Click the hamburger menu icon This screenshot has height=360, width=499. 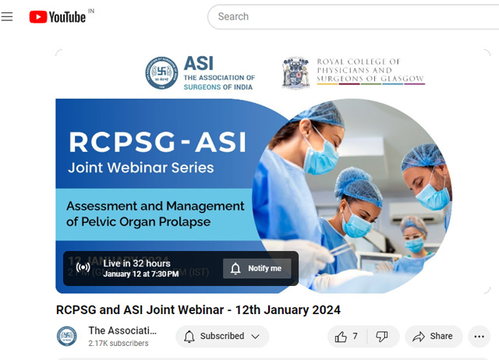tap(8, 16)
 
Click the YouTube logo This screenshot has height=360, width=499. tap(58, 16)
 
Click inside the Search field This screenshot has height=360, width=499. tap(351, 16)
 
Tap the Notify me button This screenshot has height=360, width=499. tap(257, 268)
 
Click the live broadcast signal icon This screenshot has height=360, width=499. tap(83, 268)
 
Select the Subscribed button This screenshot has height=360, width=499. tap(222, 337)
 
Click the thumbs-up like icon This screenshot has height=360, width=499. tap(341, 337)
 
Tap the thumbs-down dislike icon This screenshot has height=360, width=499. tap(382, 337)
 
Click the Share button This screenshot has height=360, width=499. tap(433, 337)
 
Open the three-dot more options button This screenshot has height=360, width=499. tap(480, 337)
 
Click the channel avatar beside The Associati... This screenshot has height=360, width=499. tap(67, 337)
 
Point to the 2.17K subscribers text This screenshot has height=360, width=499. tap(119, 343)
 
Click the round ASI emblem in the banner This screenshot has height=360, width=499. tap(161, 73)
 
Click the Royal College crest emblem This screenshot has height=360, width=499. tap(296, 72)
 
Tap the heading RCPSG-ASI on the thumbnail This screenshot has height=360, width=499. tap(157, 142)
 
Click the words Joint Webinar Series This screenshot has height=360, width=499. tap(141, 168)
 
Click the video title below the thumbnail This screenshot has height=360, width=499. tap(198, 310)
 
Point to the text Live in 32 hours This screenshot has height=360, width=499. tap(136, 263)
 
